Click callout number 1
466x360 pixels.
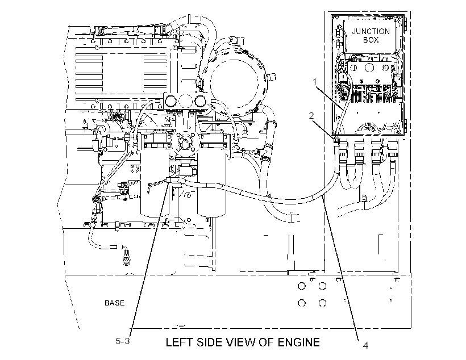pos(315,81)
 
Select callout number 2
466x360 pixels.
pos(311,115)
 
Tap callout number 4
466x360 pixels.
pos(365,345)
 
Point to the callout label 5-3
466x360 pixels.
pos(123,341)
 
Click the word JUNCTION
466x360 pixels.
pos(371,31)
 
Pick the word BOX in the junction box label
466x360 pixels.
pos(371,40)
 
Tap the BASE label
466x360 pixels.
pos(114,303)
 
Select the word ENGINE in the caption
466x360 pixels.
pos(299,342)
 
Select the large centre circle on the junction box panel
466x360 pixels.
pos(369,68)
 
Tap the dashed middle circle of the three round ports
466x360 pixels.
pos(185,101)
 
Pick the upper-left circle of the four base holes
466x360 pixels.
pos(301,286)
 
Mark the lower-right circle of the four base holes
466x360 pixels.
pos(322,303)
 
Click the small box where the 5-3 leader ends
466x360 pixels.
pos(170,181)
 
